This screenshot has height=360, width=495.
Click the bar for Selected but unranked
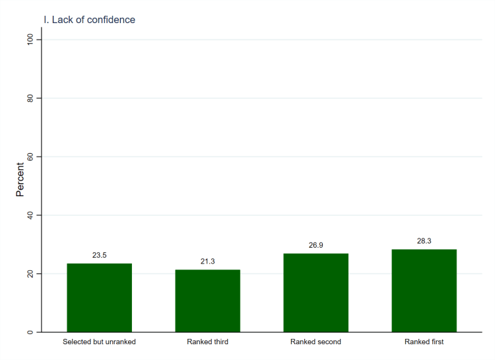point(99,298)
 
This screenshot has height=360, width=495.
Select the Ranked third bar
point(207,301)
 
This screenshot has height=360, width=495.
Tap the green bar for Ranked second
point(315,293)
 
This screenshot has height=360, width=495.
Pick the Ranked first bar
point(424,291)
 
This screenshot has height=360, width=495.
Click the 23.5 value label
point(99,254)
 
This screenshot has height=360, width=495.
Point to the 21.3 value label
point(207,261)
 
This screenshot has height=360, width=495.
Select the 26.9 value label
point(315,245)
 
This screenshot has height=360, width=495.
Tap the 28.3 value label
point(424,240)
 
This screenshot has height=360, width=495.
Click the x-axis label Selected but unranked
point(99,342)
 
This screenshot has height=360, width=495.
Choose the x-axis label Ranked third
point(207,342)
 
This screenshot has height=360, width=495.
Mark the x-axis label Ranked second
point(315,342)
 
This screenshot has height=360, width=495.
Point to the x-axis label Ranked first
point(424,342)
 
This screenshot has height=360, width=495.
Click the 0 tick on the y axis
point(30,332)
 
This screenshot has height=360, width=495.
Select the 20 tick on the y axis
point(30,273)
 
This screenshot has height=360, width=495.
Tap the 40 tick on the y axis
point(30,215)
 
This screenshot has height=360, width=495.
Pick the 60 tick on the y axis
point(30,157)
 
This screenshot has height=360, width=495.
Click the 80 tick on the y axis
point(30,98)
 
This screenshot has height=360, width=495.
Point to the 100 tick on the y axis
point(30,40)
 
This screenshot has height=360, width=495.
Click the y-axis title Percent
point(20,180)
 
